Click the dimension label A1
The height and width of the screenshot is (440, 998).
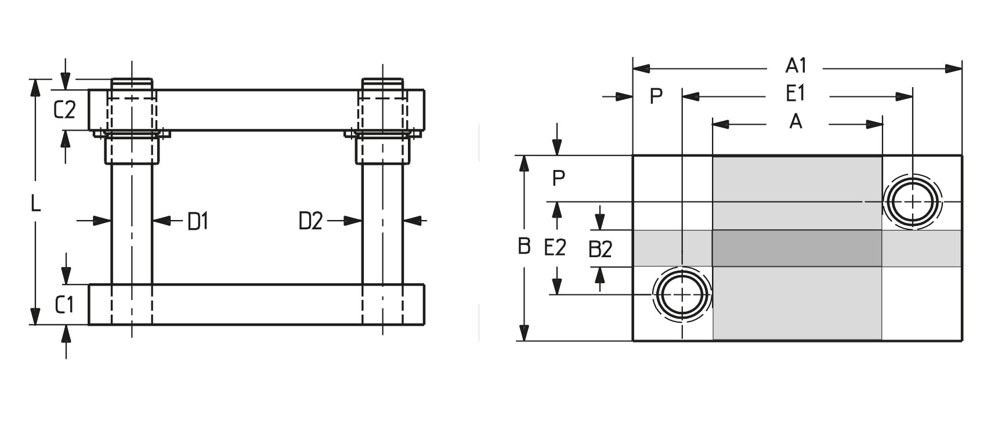[795, 66]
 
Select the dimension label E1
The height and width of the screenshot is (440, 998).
[795, 93]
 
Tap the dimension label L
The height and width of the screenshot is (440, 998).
[36, 204]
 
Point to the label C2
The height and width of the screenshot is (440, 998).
[64, 110]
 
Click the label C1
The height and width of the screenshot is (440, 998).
[65, 304]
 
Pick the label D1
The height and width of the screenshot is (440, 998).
[198, 221]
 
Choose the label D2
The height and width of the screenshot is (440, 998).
[310, 221]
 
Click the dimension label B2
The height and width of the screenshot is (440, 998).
[601, 250]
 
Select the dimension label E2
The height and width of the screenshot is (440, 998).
[555, 248]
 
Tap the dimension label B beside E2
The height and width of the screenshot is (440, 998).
[524, 246]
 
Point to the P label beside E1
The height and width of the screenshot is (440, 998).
[656, 96]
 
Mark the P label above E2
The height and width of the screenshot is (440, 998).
[558, 178]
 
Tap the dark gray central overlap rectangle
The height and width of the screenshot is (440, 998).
[797, 248]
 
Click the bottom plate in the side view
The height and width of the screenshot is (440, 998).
[256, 305]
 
